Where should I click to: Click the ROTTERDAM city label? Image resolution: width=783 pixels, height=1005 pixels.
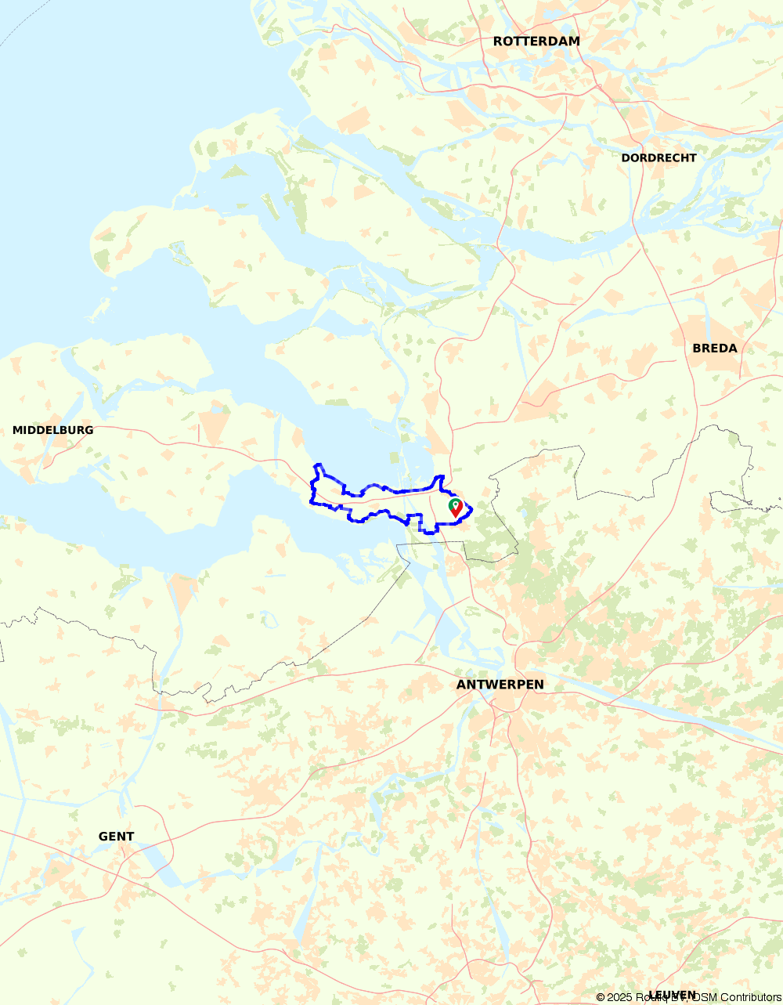click(x=536, y=42)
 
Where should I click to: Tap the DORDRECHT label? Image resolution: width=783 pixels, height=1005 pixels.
click(x=659, y=157)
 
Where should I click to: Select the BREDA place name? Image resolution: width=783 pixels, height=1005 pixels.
click(x=714, y=348)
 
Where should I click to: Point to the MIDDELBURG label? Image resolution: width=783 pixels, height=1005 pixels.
click(x=52, y=430)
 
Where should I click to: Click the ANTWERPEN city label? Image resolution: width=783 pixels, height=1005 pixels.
click(x=500, y=685)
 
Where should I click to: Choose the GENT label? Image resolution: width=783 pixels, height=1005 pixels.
click(x=116, y=837)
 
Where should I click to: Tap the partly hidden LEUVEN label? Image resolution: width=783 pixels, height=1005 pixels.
click(x=672, y=994)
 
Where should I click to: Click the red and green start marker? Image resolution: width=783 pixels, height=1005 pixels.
click(x=455, y=508)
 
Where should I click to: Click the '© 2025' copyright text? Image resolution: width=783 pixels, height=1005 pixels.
click(x=615, y=997)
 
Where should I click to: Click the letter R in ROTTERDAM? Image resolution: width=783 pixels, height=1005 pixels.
click(x=498, y=42)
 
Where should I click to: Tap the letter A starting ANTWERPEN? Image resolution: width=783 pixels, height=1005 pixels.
click(x=461, y=685)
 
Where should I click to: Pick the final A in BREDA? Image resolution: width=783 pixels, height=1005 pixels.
click(x=732, y=348)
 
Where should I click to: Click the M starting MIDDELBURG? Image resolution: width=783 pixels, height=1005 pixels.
click(x=17, y=430)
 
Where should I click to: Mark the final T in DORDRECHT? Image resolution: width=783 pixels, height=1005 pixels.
click(x=692, y=157)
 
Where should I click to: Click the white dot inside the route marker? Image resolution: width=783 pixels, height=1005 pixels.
click(x=455, y=504)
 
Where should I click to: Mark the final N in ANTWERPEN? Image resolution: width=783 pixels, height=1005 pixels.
click(x=539, y=685)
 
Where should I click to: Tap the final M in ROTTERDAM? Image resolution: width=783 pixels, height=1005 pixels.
click(x=575, y=42)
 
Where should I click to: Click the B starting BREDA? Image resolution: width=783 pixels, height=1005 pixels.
click(x=697, y=348)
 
